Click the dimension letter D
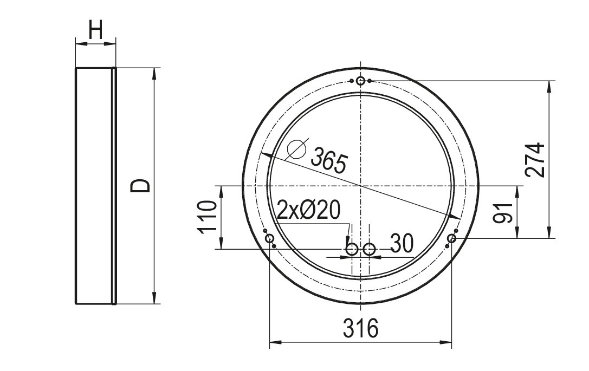coord(140,186)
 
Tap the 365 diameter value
coord(329,160)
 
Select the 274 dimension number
coord(535,159)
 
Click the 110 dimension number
coord(208,217)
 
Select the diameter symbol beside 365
coord(297,149)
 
